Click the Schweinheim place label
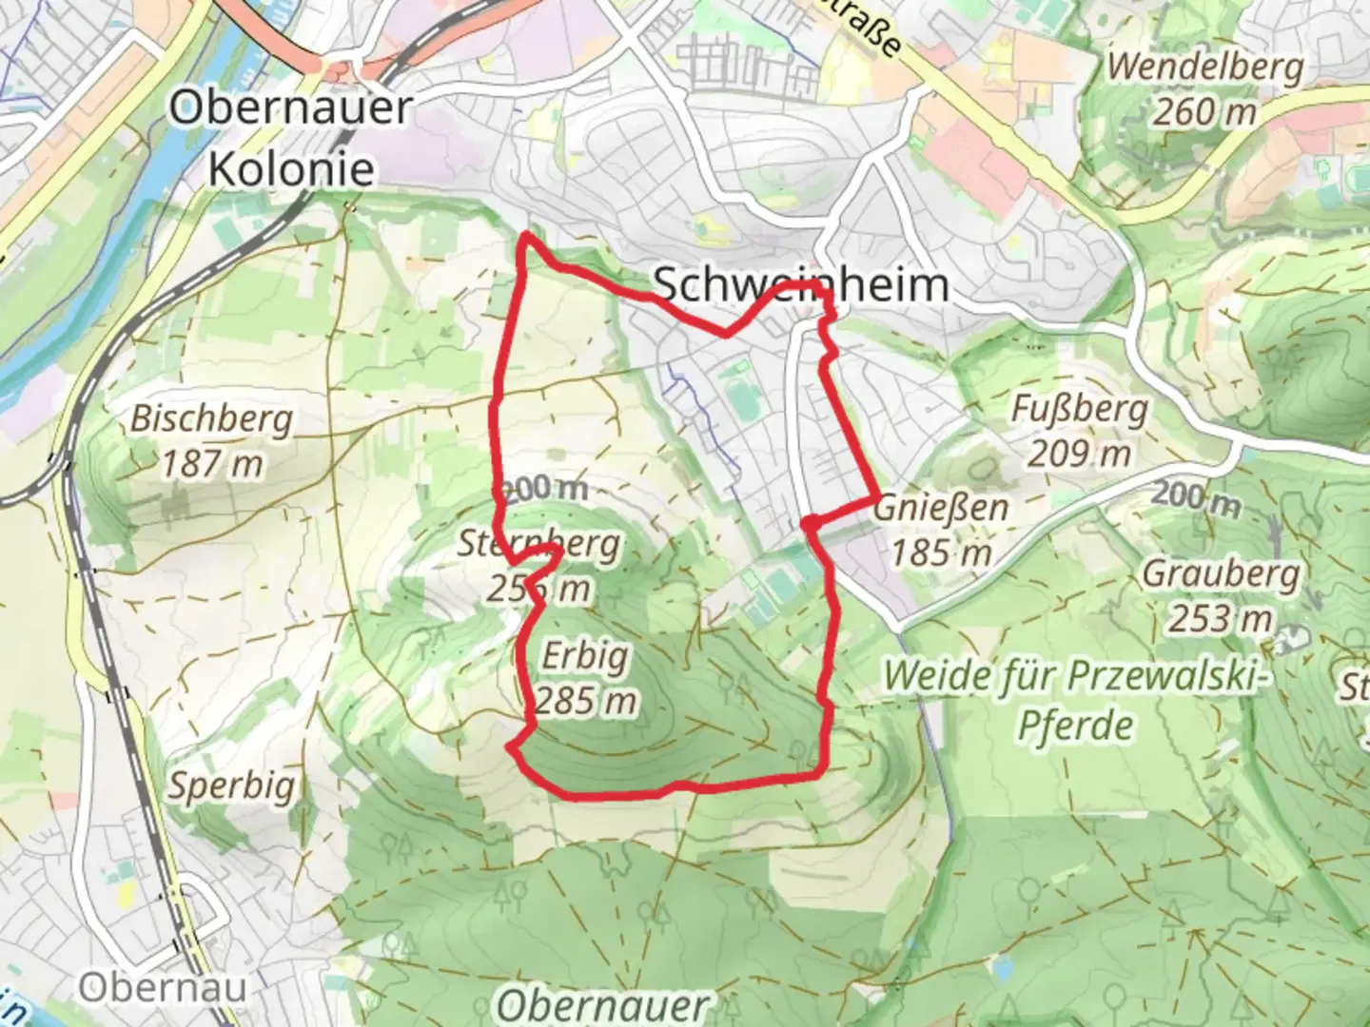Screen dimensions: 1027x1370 pos(801,283)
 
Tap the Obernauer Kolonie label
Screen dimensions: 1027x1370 pos(291,138)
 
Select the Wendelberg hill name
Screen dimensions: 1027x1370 pos(1205,67)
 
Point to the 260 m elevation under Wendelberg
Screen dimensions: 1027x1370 pos(1205,112)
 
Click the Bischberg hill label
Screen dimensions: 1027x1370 pos(211,418)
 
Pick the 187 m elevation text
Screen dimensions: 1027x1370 pos(211,464)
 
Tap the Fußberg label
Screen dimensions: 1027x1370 pos(1079,409)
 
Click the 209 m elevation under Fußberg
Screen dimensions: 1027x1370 pos(1079,454)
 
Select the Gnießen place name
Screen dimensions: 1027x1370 pos(940,507)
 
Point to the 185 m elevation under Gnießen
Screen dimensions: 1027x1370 pos(940,552)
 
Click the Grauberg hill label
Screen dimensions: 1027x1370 pos(1221,573)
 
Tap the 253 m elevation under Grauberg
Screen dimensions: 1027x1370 pos(1221,619)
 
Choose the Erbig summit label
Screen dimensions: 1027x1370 pos(585,656)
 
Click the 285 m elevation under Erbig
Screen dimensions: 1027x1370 pos(585,702)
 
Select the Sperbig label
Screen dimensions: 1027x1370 pos(231,786)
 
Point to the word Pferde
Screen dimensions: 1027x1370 pos(1075,726)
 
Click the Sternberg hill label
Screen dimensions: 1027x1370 pos(538,544)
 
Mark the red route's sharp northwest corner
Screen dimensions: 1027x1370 pos(525,235)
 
